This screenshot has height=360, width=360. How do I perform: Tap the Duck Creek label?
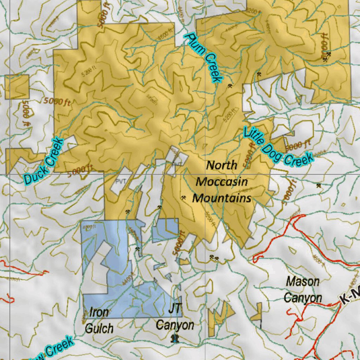(x=44, y=161)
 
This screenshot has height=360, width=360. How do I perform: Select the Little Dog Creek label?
(x=278, y=146)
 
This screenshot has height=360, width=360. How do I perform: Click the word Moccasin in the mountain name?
(x=222, y=182)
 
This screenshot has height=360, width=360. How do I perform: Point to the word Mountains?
(x=222, y=198)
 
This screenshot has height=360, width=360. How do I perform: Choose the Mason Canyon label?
(x=302, y=290)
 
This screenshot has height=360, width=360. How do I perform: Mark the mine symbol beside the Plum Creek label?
(x=230, y=85)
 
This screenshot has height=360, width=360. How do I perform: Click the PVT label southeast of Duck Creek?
(x=120, y=181)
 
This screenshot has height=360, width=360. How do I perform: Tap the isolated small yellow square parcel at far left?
(x=17, y=86)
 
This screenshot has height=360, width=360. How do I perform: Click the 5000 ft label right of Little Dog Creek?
(x=298, y=144)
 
